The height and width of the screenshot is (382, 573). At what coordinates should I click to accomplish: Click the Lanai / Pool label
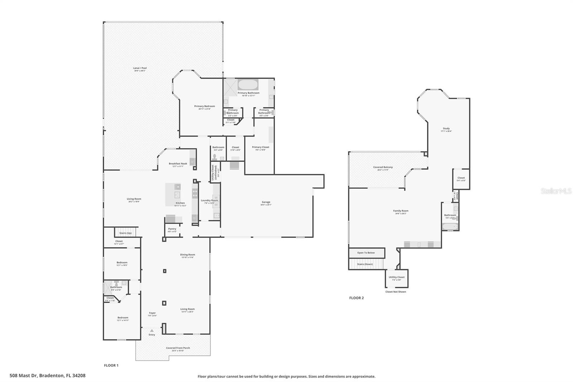(140, 68)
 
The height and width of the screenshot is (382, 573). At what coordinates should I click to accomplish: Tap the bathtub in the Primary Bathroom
(248, 85)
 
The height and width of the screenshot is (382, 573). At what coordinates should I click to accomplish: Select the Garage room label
(266, 202)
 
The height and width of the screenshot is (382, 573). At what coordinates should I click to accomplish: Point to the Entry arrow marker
(152, 330)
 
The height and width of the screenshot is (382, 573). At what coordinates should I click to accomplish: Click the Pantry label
(172, 229)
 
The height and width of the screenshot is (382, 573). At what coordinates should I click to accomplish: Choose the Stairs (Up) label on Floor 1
(125, 233)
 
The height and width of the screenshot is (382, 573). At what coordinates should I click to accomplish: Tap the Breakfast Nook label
(178, 164)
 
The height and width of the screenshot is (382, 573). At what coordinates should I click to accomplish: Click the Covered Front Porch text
(178, 348)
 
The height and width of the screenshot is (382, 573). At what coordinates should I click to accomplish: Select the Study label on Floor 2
(446, 129)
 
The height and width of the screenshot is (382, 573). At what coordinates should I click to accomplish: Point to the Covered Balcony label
(383, 167)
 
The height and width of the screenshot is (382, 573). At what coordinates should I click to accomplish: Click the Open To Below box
(366, 253)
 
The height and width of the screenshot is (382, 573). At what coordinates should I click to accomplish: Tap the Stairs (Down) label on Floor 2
(365, 264)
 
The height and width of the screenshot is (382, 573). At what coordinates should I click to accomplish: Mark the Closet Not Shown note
(396, 292)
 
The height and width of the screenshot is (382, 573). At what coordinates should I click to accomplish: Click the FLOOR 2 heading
(356, 298)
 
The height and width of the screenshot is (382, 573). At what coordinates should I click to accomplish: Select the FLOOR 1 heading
(111, 366)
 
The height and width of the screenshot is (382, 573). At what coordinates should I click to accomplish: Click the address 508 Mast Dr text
(48, 376)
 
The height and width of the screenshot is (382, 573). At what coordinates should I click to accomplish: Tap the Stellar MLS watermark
(556, 191)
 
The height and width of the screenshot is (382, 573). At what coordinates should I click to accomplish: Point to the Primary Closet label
(260, 147)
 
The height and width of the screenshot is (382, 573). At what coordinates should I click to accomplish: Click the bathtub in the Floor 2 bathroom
(449, 226)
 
